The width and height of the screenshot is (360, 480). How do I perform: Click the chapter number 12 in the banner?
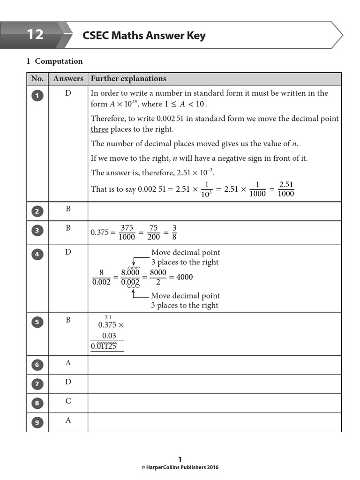[35, 35]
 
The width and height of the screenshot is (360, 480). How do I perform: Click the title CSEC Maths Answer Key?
[144, 36]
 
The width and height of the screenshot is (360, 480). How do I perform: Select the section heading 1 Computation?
[54, 61]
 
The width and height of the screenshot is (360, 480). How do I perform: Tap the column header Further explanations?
[128, 79]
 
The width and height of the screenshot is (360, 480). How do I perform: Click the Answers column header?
[68, 79]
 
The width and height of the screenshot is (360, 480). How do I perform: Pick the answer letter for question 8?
[68, 401]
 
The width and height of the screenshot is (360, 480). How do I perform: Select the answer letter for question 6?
[68, 363]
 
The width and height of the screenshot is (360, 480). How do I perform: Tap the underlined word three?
[99, 129]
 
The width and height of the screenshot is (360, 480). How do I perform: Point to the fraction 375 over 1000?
[127, 232]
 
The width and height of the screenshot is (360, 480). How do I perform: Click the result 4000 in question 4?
[184, 277]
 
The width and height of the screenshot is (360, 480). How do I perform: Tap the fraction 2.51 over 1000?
[286, 189]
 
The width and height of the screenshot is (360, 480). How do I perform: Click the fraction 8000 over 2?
[158, 277]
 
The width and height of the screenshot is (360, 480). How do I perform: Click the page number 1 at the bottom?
[180, 459]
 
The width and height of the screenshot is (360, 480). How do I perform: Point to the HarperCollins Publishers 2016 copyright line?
[180, 467]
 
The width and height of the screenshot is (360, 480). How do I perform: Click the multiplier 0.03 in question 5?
[109, 336]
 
